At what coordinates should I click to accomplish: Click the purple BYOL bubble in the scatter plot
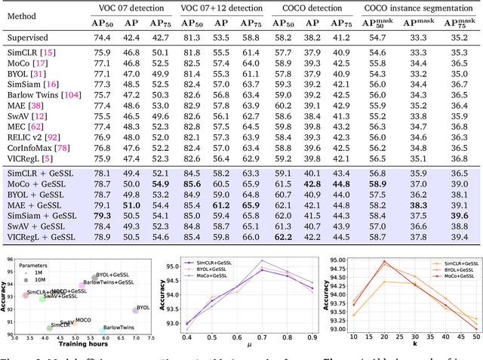135,309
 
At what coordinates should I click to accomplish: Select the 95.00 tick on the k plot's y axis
330,261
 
